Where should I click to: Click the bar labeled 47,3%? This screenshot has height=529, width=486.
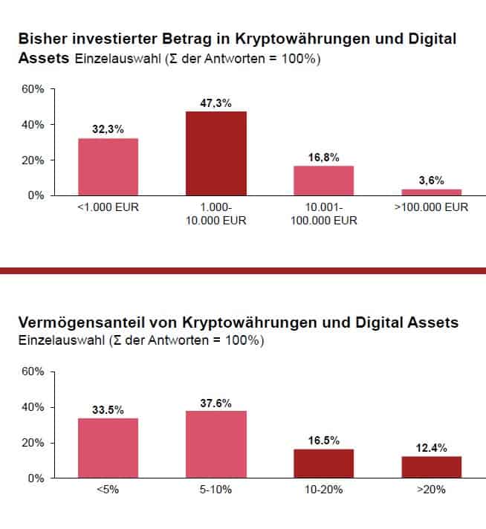click(x=216, y=153)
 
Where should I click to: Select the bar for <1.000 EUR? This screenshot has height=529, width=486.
click(x=108, y=166)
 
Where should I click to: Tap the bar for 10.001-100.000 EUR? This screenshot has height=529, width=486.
click(x=324, y=180)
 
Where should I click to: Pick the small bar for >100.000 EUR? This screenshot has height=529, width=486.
click(x=431, y=192)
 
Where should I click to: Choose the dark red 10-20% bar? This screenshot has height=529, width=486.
click(x=324, y=463)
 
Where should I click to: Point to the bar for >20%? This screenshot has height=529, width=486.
click(x=431, y=467)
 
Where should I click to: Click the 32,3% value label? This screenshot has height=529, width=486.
click(x=108, y=129)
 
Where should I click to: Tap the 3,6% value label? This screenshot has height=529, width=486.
click(x=431, y=180)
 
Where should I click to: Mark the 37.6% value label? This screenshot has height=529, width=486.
click(x=216, y=403)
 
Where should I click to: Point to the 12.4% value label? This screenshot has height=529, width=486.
click(x=431, y=447)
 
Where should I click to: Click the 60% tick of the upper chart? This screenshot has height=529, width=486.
click(x=34, y=89)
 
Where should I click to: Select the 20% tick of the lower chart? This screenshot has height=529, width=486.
click(x=34, y=443)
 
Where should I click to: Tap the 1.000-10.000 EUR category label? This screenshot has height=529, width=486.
click(x=216, y=214)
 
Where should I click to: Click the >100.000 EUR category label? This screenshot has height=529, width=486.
click(x=431, y=207)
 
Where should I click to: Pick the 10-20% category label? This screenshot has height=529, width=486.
click(x=324, y=490)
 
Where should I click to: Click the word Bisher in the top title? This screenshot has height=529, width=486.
click(x=42, y=38)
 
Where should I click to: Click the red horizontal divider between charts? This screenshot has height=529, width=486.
click(x=243, y=270)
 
